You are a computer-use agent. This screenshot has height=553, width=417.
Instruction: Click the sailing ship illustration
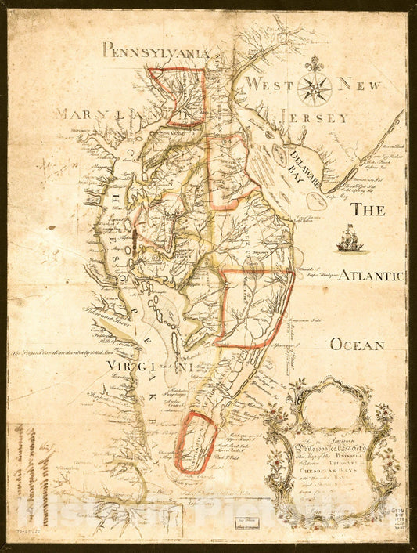point(350,238)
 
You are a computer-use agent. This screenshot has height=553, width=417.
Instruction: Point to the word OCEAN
point(357,345)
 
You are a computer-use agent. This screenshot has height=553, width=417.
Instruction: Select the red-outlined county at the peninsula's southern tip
point(195,443)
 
